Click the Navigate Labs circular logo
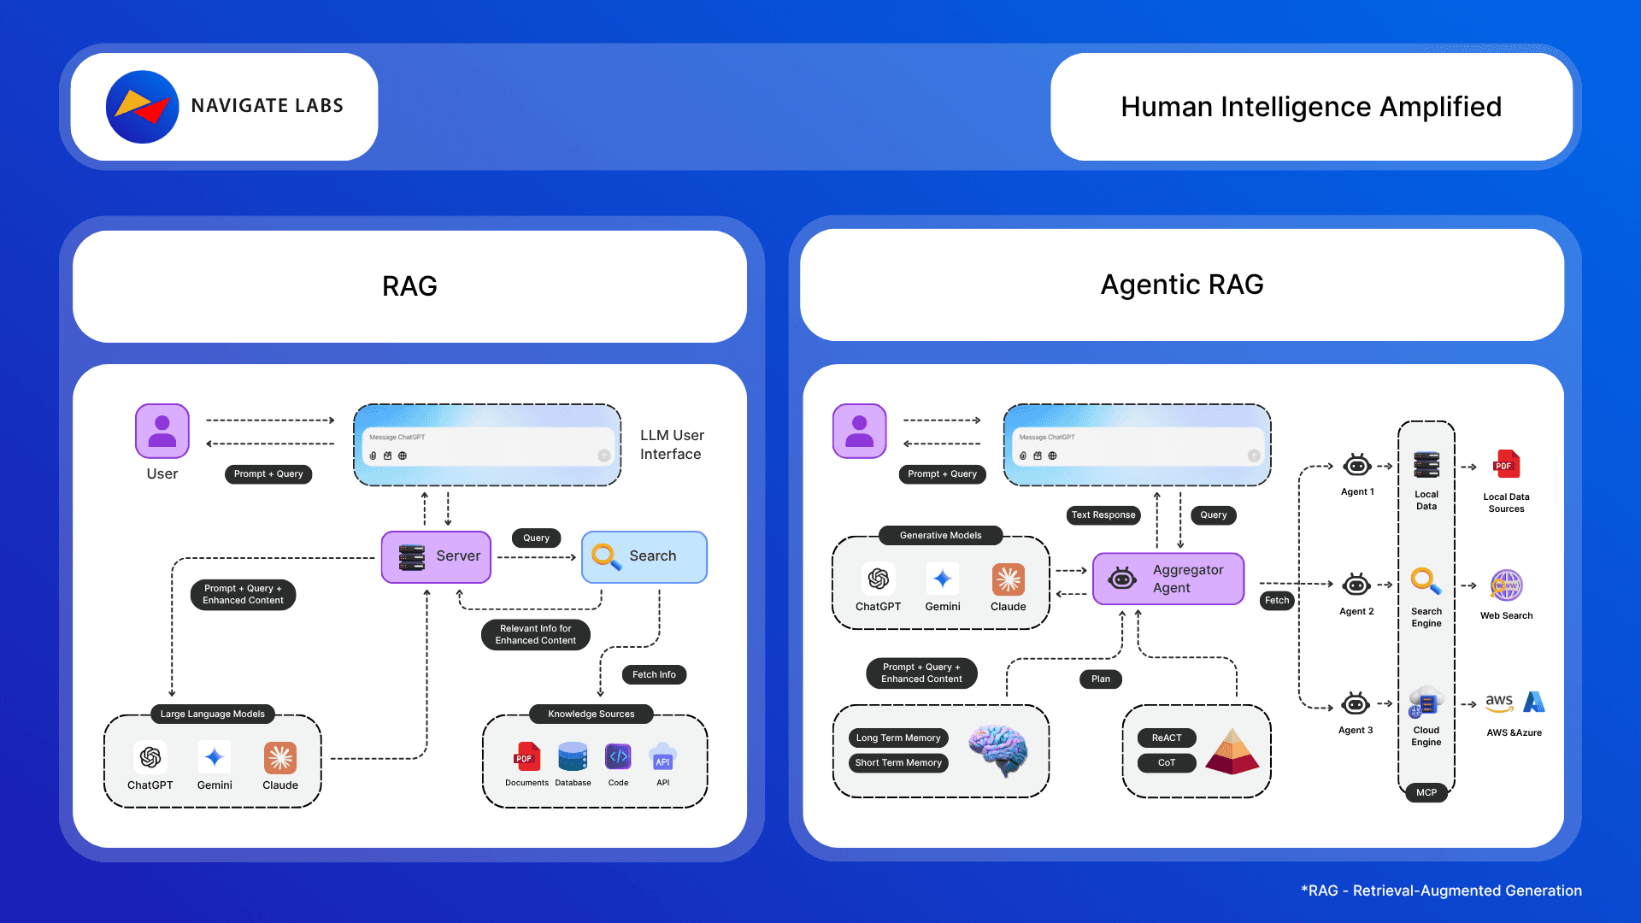[142, 107]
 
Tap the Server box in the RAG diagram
[436, 556]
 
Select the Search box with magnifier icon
[644, 556]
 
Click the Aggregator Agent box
[1168, 579]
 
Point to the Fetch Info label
[654, 674]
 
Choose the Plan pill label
[1101, 679]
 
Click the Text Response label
[1103, 514]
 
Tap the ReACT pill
[1167, 738]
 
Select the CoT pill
[1167, 762]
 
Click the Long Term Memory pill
[898, 738]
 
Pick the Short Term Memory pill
[898, 762]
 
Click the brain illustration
[998, 750]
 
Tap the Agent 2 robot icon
[1356, 585]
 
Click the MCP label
[1426, 792]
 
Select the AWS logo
[1499, 703]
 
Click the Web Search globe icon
[1506, 585]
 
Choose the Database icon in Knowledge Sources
[573, 757]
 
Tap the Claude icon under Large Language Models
[280, 757]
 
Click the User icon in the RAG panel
[162, 431]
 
